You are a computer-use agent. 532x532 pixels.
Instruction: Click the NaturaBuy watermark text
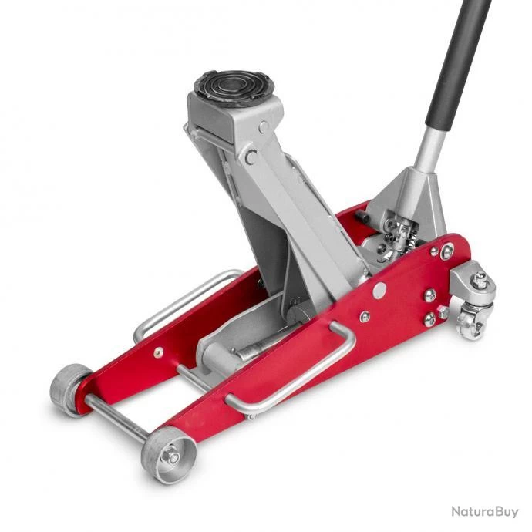point(485,512)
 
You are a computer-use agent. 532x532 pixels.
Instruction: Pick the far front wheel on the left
point(69,390)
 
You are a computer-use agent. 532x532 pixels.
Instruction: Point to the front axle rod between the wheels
point(117,418)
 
